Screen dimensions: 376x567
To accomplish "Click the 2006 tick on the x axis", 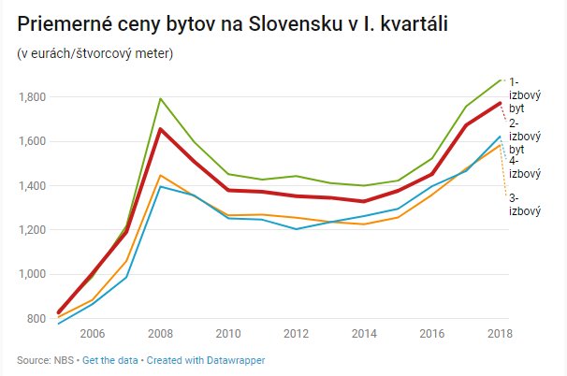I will pos(91,334).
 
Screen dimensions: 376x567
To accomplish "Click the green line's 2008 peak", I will pos(161,98).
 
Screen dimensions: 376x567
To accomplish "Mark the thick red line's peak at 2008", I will pos(161,129).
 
